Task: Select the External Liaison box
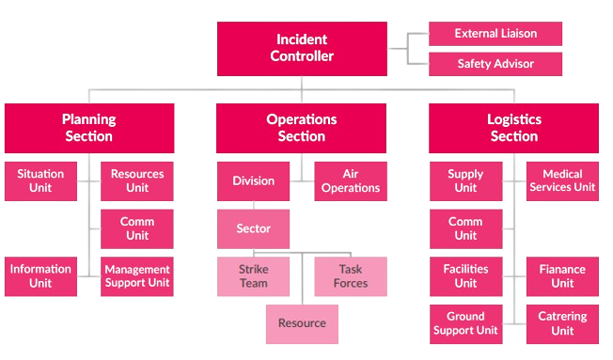tap(495, 34)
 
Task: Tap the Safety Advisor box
tap(495, 64)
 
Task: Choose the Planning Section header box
tap(88, 127)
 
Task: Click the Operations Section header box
tap(301, 127)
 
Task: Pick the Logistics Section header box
tap(514, 127)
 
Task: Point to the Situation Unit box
tap(40, 181)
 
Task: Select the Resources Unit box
tap(137, 181)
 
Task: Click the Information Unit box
tap(40, 276)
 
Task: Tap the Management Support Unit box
tap(137, 276)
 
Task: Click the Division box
tap(253, 181)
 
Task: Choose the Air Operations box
tap(350, 181)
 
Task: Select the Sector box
tap(253, 228)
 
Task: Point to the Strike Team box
tap(253, 276)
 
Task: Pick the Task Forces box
tap(350, 276)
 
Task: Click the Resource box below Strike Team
tap(302, 323)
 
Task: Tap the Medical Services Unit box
tap(562, 181)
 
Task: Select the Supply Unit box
tap(465, 181)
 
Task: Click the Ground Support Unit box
tap(465, 323)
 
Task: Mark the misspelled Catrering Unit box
tap(562, 323)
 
